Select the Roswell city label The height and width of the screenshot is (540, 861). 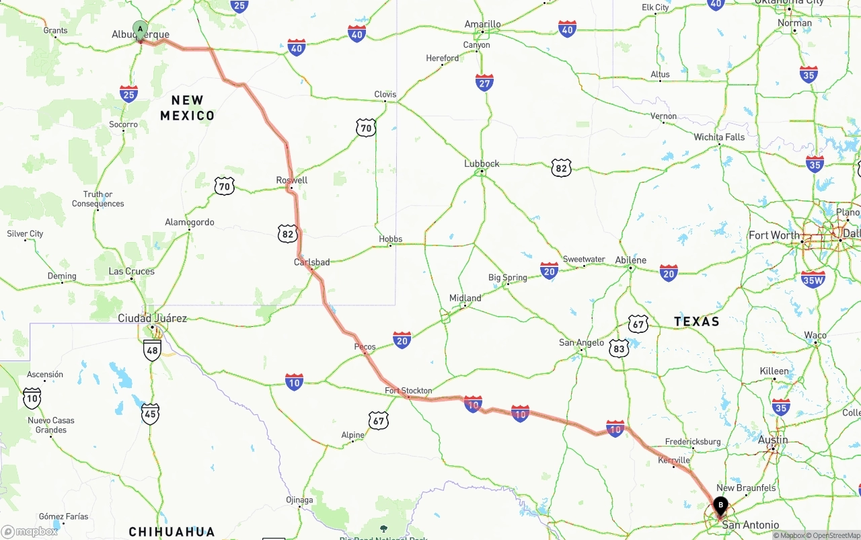tap(292, 180)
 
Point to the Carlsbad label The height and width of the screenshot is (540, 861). tap(311, 262)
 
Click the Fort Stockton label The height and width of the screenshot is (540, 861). tap(408, 391)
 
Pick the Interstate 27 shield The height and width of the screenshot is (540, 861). tap(484, 83)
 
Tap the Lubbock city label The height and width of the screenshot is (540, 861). tap(482, 163)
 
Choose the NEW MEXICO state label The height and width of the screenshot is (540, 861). tap(188, 108)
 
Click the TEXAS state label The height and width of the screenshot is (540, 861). tap(697, 321)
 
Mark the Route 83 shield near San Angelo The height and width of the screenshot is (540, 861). tap(619, 348)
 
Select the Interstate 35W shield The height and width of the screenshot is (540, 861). tap(813, 279)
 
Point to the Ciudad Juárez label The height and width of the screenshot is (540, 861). tap(153, 318)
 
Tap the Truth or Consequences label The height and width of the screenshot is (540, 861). tap(98, 199)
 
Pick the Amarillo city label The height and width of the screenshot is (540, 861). tap(482, 24)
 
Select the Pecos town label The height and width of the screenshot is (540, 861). tap(365, 347)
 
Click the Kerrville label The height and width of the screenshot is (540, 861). tap(674, 461)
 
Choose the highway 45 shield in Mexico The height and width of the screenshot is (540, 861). tap(151, 414)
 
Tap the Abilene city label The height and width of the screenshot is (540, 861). tap(630, 260)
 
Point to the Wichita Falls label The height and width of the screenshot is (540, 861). tap(719, 137)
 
